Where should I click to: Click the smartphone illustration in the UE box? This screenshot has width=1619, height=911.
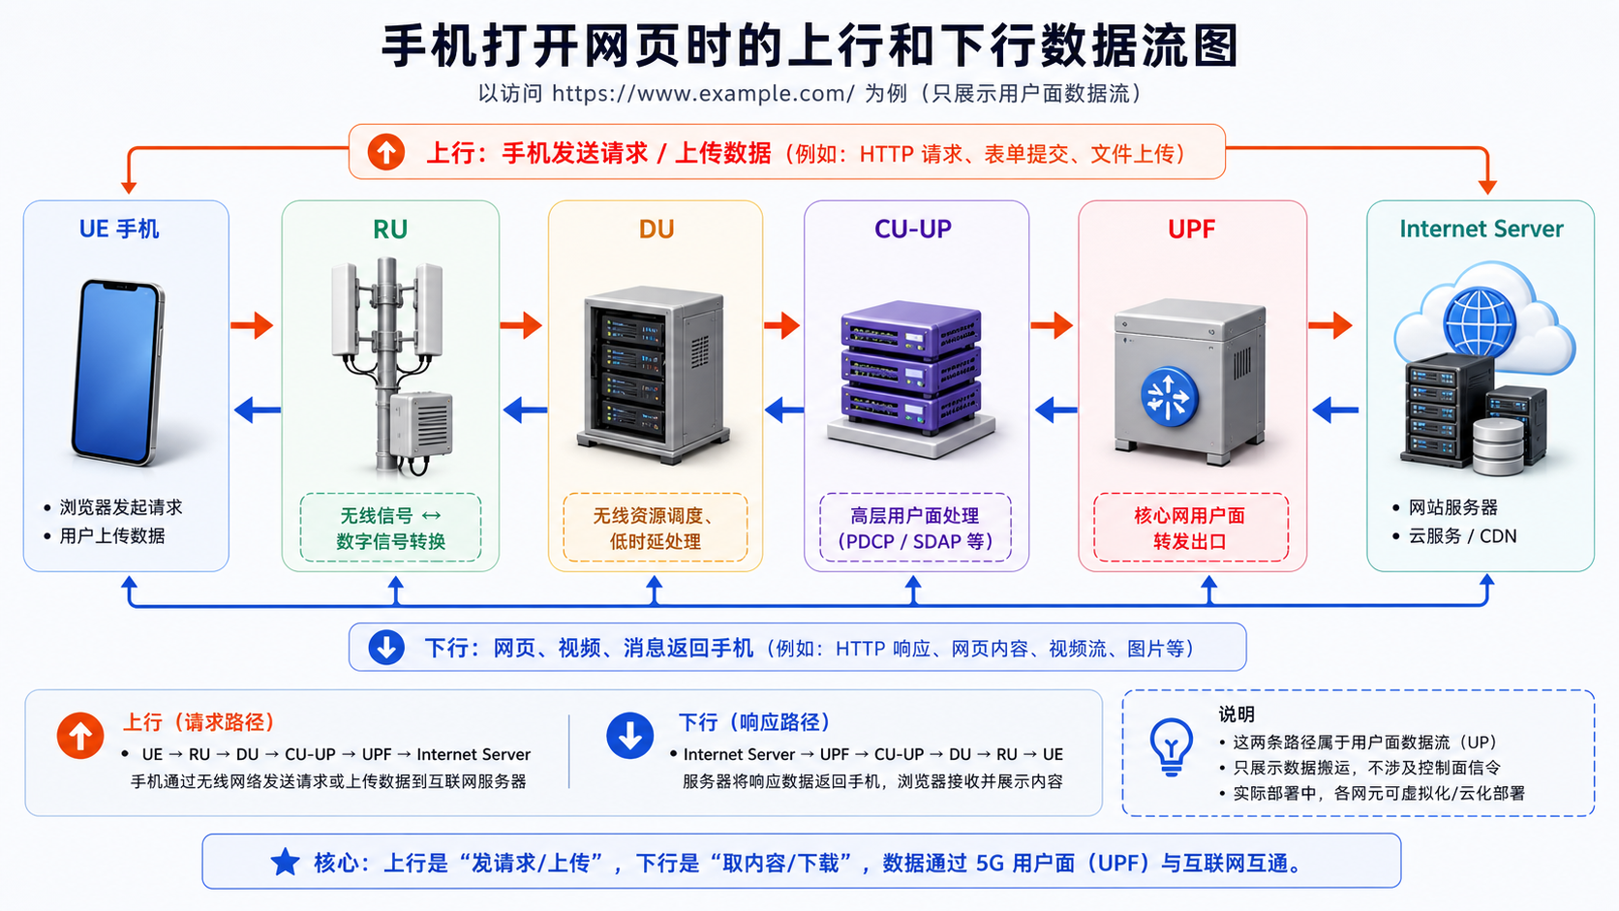pos(119,372)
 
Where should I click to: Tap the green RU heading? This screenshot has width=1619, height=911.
pos(390,229)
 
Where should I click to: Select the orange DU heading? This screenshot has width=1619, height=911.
pos(657,229)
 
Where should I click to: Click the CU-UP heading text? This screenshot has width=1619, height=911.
pos(913,229)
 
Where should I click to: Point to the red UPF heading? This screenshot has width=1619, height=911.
pos(1191,229)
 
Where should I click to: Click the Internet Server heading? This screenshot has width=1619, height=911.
pos(1481,229)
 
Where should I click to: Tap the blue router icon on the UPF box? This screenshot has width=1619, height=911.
pos(1169,397)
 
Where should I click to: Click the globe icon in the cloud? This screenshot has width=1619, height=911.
pos(1479,322)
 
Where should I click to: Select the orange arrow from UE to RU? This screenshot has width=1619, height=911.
pos(252,325)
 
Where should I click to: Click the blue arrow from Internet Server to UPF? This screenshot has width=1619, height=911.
pos(1335,410)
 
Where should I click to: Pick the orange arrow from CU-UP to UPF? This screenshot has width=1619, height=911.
pos(1052,325)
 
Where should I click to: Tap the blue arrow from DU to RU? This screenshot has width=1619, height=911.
pos(525,410)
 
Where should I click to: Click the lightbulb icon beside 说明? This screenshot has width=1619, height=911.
pos(1171,746)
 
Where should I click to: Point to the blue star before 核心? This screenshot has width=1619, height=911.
pos(285,862)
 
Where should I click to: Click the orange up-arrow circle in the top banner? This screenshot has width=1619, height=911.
pos(386,152)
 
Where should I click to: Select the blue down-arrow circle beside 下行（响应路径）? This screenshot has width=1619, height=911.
pos(629,736)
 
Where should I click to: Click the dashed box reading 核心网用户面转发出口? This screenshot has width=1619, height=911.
pos(1190,528)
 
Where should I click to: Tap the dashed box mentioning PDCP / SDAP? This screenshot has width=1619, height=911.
pos(915,528)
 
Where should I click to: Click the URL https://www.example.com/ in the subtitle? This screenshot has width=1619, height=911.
pos(703,94)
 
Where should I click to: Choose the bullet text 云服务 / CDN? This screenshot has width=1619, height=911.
pos(1462,536)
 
